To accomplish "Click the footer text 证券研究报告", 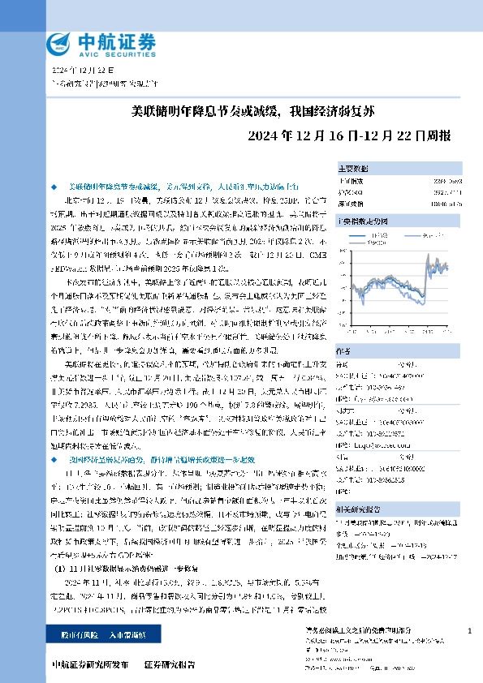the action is pos(169,664).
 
